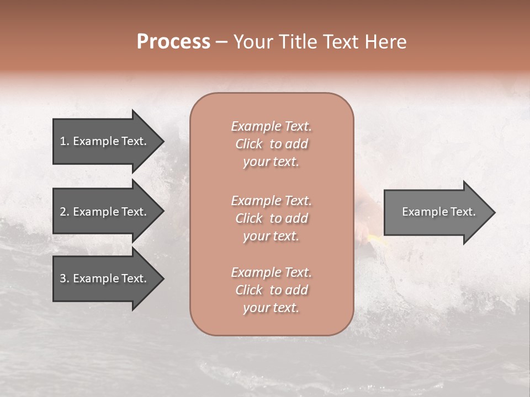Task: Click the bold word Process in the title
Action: pyautogui.click(x=173, y=41)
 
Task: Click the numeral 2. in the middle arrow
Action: pyautogui.click(x=64, y=212)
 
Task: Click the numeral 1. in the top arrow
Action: pyautogui.click(x=64, y=141)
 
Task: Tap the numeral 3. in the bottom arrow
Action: pyautogui.click(x=64, y=278)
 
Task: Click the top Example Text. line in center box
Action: pyautogui.click(x=271, y=126)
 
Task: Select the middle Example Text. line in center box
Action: pyautogui.click(x=271, y=200)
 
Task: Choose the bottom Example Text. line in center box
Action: pyautogui.click(x=271, y=272)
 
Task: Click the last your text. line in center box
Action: pyautogui.click(x=271, y=308)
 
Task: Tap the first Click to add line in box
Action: pyautogui.click(x=271, y=144)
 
